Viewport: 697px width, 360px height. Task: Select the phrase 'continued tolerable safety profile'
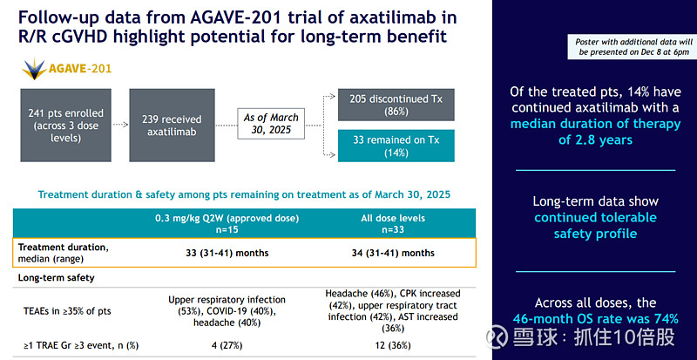pos(596,224)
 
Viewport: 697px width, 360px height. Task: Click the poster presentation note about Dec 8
pos(620,47)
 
